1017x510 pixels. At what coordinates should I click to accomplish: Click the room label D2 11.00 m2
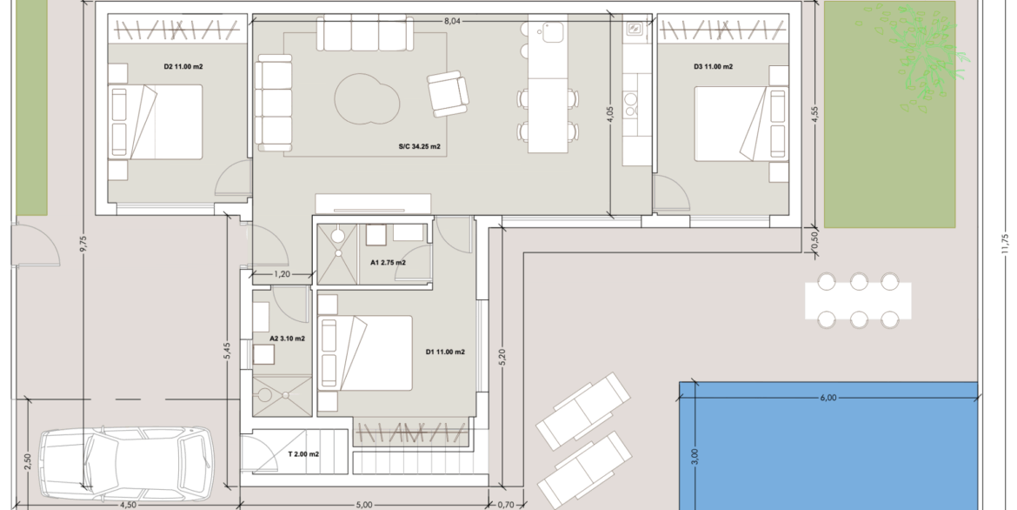point(183,66)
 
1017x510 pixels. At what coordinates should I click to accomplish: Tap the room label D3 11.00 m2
point(713,66)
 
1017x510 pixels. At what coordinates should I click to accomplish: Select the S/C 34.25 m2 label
point(419,147)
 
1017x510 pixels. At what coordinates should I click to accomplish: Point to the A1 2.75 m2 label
point(388,263)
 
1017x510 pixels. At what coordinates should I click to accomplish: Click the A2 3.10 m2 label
point(288,339)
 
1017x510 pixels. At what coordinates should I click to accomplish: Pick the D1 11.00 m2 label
point(445,352)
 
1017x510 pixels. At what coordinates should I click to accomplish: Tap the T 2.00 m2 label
point(303,454)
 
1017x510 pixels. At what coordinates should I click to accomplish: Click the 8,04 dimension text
point(452,21)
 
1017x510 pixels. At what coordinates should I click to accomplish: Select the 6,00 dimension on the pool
point(828,398)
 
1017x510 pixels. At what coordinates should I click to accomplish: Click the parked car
point(127,463)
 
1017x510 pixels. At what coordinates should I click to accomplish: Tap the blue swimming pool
point(828,446)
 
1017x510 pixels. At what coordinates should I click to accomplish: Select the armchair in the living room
point(448,93)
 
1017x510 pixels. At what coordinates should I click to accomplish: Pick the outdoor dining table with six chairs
point(858,301)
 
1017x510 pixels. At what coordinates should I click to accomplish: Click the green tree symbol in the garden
point(921,57)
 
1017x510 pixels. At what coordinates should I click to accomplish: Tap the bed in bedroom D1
point(365,353)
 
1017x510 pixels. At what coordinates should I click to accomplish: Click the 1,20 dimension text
point(282,274)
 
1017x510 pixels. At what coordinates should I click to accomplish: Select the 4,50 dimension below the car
point(128,505)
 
